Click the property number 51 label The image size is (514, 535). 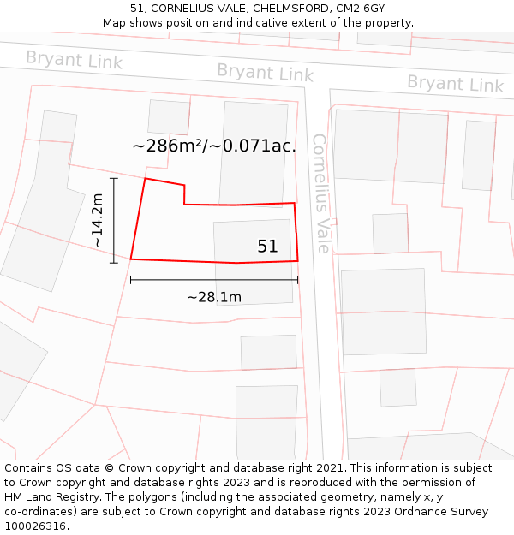(267, 247)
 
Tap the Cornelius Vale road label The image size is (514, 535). (320, 193)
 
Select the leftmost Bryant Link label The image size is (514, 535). (74, 60)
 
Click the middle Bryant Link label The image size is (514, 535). (265, 73)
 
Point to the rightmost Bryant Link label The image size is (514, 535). (455, 84)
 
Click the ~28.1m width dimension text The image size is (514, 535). (214, 297)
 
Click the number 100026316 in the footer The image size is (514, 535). (34, 526)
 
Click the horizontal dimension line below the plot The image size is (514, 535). (214, 279)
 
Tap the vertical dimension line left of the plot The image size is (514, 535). (114, 220)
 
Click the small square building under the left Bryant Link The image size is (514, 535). (168, 117)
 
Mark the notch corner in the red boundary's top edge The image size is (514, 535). (184, 204)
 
